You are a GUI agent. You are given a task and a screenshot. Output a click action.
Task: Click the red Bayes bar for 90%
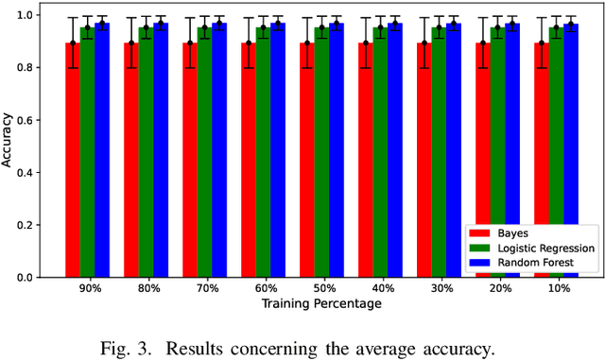click(x=73, y=161)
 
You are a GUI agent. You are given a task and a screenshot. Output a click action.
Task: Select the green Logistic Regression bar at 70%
click(x=204, y=151)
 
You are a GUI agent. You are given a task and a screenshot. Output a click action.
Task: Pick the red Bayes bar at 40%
click(x=366, y=161)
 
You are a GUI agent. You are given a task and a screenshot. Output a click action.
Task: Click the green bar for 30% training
click(x=439, y=151)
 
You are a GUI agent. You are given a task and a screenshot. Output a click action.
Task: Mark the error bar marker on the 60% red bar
click(x=249, y=43)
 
